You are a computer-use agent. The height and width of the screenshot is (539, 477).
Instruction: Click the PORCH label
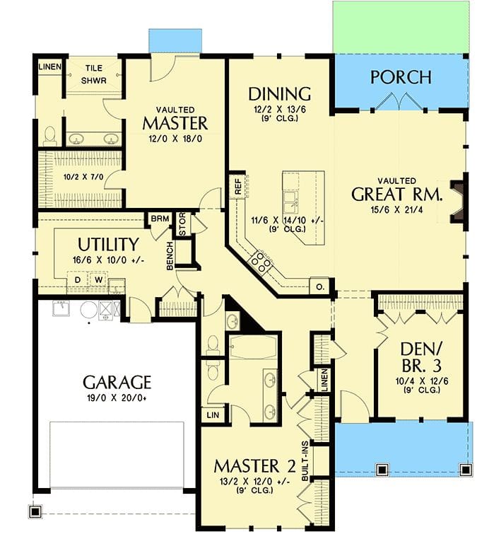point(401,76)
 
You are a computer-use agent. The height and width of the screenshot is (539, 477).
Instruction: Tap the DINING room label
point(280,93)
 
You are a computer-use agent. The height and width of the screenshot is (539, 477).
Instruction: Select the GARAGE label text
point(117,383)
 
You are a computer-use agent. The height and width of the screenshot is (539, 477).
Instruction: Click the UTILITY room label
point(107,245)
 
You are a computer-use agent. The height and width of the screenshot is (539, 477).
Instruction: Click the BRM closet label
point(159,219)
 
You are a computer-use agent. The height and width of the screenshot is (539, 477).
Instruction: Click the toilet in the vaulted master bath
point(49,134)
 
